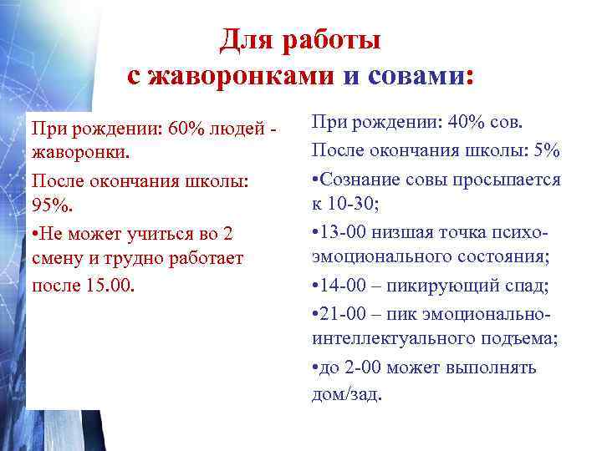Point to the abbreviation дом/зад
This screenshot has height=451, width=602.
tap(345, 393)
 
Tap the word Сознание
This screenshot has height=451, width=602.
tap(359, 179)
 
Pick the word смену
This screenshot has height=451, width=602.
tap(59, 258)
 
